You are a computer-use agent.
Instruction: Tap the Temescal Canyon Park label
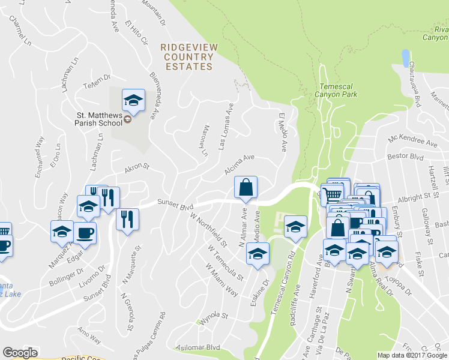tap(337, 89)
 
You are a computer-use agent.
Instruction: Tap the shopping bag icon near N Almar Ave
tap(246, 187)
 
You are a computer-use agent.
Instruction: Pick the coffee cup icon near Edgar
tap(84, 233)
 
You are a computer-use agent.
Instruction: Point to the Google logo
tap(20, 353)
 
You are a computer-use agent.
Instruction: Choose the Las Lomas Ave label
tap(226, 125)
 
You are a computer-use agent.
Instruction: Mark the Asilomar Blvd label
tap(197, 347)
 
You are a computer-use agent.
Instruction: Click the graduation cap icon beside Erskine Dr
tap(258, 254)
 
